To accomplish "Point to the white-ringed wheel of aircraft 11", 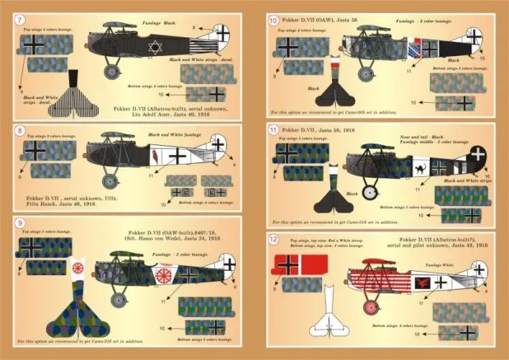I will (x=368, y=192).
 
